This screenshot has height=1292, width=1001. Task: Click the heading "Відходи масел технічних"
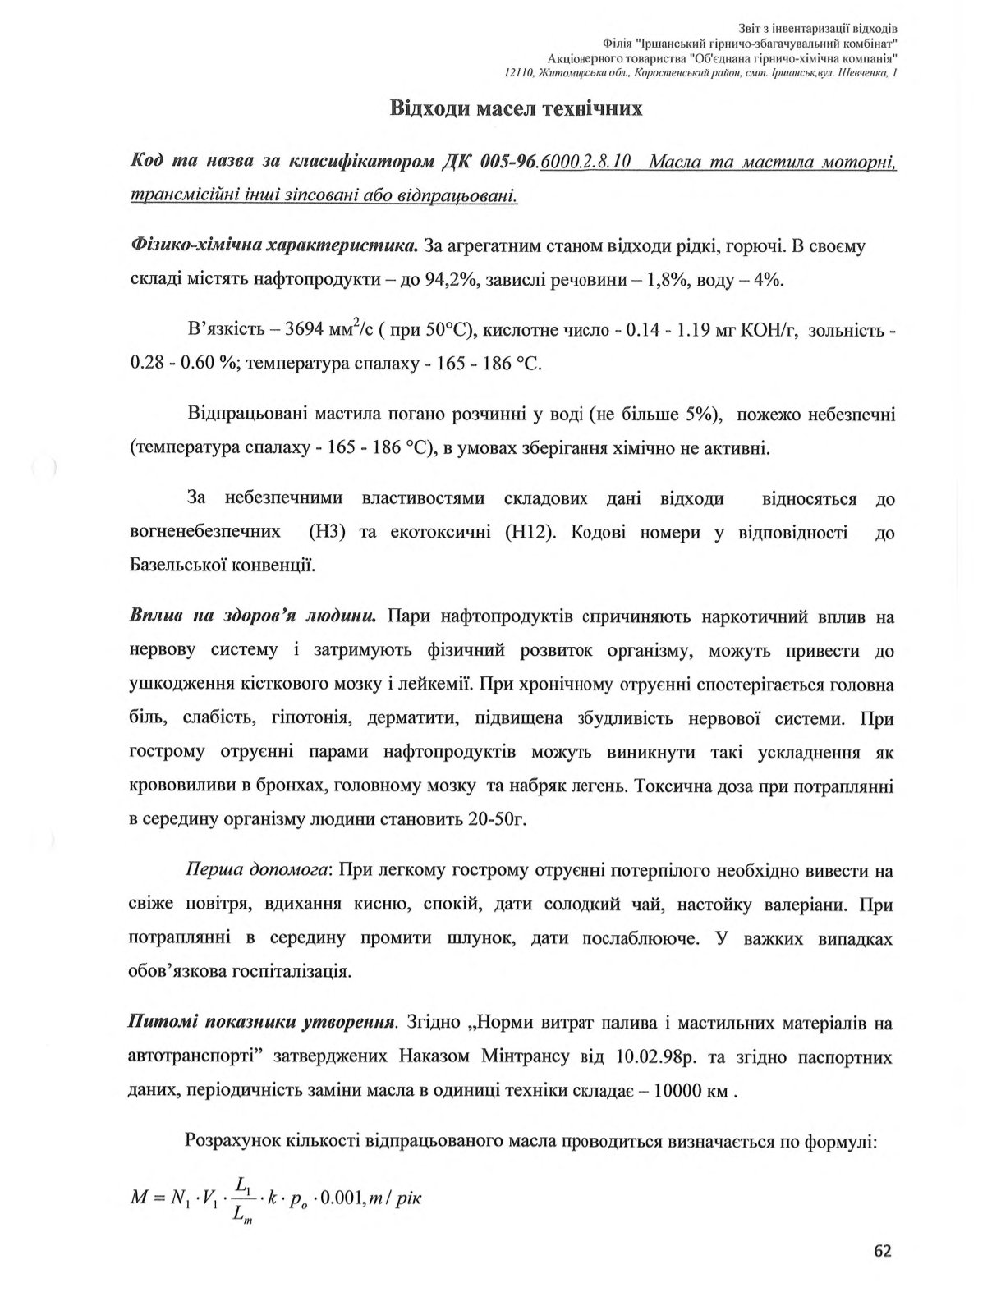[x=516, y=108]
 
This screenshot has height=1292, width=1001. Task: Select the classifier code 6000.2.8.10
[x=585, y=162]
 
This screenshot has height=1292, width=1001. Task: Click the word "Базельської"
[x=177, y=566]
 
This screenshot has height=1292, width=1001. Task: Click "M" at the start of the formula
[x=139, y=1198]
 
